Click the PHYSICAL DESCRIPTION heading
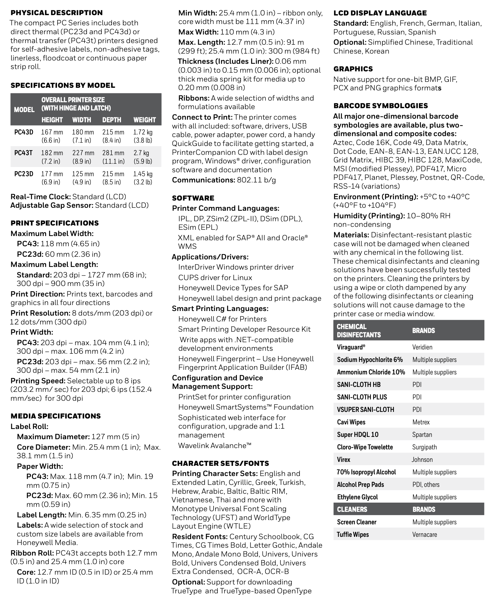(57, 13)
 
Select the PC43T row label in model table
(23, 153)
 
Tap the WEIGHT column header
(144, 120)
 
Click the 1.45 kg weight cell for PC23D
(143, 174)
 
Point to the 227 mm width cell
(83, 153)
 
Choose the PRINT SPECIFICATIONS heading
(55, 223)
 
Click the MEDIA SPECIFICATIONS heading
(56, 416)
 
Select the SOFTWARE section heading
(193, 198)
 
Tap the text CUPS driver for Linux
(215, 277)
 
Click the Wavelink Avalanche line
(215, 445)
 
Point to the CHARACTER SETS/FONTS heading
(220, 463)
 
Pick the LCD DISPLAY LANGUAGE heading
(380, 13)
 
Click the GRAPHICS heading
(353, 69)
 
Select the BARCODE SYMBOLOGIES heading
(381, 106)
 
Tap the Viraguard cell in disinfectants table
(351, 347)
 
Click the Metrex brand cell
(421, 422)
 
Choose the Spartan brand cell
(422, 435)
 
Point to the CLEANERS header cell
(352, 510)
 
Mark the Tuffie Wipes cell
(353, 535)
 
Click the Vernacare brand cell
(424, 535)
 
